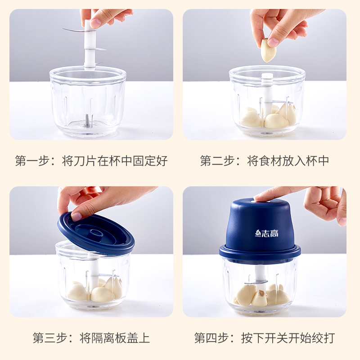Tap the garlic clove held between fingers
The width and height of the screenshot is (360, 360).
point(268,50)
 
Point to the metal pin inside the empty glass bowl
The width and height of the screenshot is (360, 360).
point(87,120)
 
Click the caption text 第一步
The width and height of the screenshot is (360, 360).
point(32,161)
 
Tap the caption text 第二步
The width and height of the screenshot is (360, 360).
point(217,161)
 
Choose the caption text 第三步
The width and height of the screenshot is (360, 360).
point(50,338)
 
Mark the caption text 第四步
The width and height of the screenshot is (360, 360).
point(211,338)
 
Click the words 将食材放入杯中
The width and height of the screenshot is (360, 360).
point(288,161)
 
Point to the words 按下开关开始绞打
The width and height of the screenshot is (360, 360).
point(288,338)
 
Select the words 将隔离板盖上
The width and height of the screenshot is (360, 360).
point(115,338)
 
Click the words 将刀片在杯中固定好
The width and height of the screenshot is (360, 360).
point(115,161)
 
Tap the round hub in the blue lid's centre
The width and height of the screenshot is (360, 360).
point(96,232)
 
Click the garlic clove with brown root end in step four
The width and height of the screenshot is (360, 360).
point(260,298)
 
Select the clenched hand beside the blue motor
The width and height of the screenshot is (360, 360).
point(326,205)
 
